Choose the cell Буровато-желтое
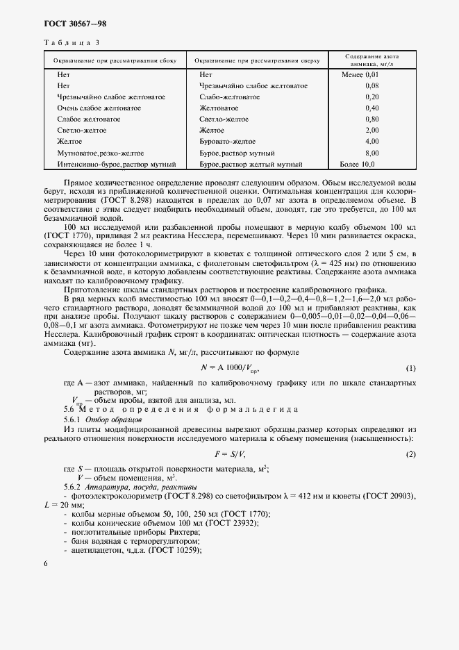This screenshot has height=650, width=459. pyautogui.click(x=226, y=142)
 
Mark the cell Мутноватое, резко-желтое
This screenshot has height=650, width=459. pyautogui.click(x=101, y=153)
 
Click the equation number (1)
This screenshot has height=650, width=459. pyautogui.click(x=410, y=367)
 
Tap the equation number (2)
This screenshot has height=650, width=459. pyautogui.click(x=410, y=454)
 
